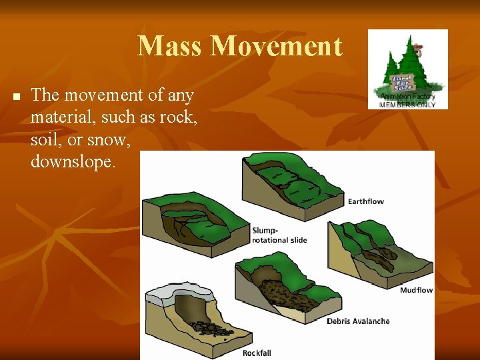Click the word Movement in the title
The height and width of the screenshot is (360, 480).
[276, 46]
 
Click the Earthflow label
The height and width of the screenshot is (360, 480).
[366, 201]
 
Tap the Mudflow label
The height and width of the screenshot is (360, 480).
[416, 290]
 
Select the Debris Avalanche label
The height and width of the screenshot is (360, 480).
[358, 321]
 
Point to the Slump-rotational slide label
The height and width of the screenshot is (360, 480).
[279, 235]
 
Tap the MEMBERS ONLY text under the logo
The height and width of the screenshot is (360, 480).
[407, 105]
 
